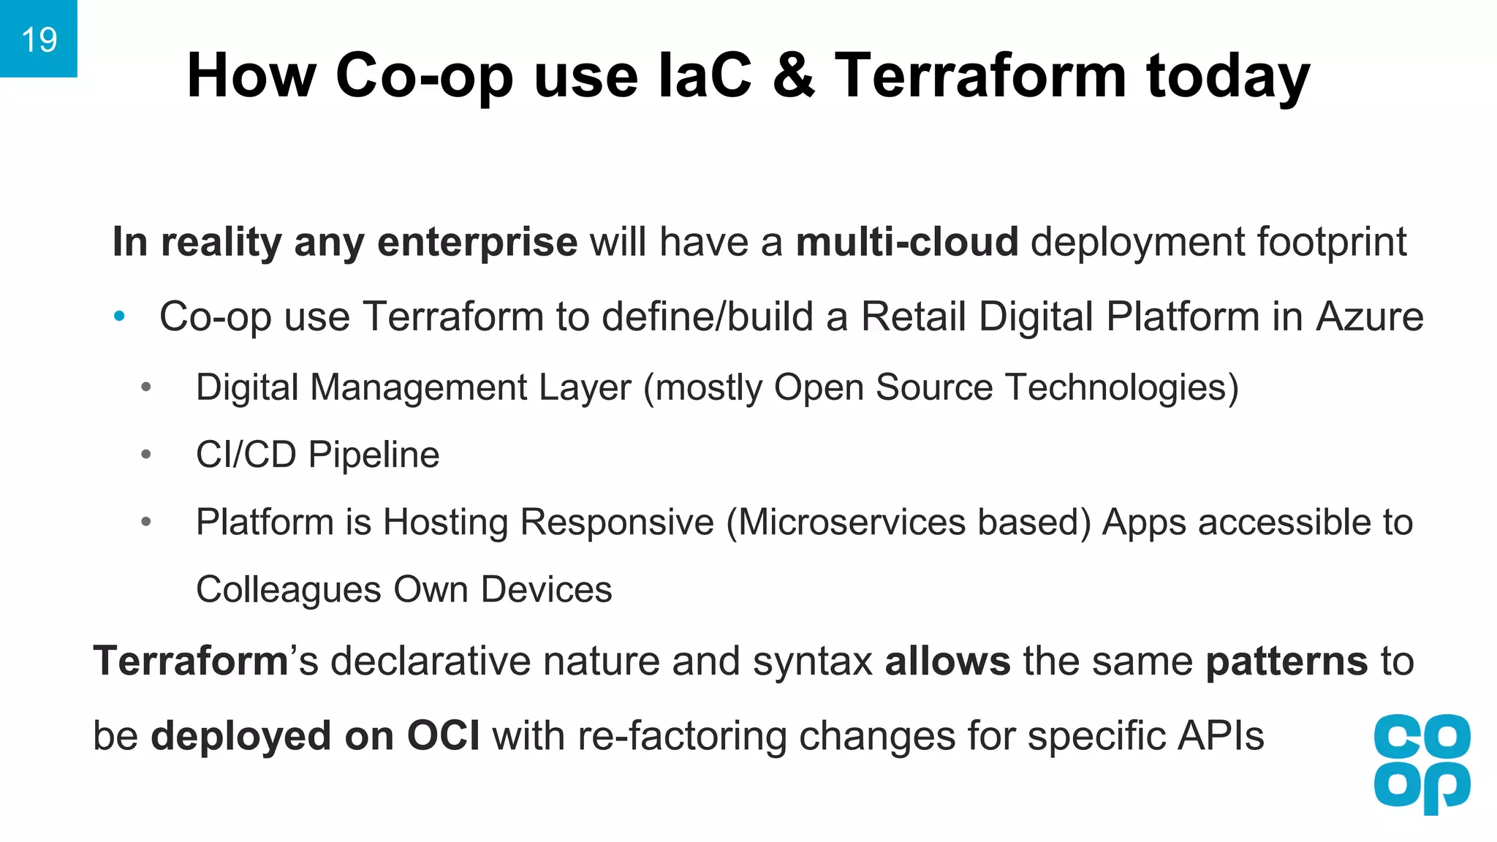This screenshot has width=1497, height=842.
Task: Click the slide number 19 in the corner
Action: [x=39, y=39]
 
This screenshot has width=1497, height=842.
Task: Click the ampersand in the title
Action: [x=793, y=76]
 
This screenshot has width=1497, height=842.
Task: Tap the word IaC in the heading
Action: [x=705, y=76]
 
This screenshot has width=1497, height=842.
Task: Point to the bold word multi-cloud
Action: [x=906, y=242]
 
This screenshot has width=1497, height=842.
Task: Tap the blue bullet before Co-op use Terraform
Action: [x=120, y=316]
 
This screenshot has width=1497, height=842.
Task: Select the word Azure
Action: [x=1370, y=316]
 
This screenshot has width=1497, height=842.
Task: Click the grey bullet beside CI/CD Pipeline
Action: [x=146, y=455]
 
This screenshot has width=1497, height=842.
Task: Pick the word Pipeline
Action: [x=374, y=455]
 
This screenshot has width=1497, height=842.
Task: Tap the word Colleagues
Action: [x=288, y=590]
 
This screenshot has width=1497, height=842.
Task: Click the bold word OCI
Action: [x=443, y=735]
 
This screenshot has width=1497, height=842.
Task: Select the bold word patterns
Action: [x=1286, y=661]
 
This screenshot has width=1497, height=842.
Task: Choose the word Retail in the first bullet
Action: [x=914, y=316]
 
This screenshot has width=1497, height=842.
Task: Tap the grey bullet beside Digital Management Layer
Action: [x=146, y=387]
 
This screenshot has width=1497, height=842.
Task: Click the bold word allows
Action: [x=947, y=661]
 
